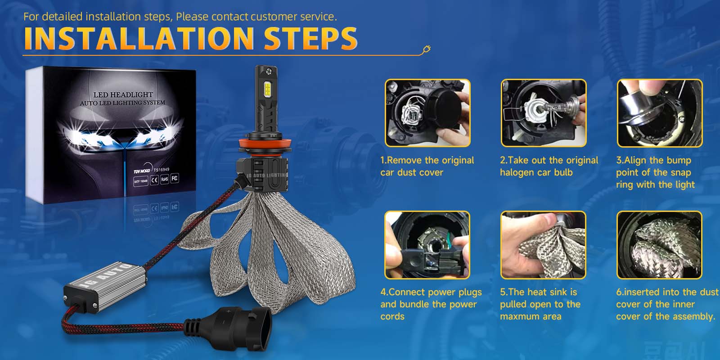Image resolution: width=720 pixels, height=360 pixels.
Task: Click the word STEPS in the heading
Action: click(310, 39)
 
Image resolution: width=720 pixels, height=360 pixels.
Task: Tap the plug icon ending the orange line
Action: click(426, 49)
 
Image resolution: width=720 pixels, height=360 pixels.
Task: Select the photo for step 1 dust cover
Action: click(427, 113)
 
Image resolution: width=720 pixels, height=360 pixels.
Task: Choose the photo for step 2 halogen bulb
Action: click(544, 113)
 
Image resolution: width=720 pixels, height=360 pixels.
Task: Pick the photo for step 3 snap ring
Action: click(659, 113)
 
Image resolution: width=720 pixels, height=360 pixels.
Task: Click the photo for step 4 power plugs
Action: click(427, 245)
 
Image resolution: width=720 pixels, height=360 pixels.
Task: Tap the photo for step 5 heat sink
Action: click(543, 245)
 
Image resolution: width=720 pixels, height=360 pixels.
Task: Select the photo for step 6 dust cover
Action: click(659, 245)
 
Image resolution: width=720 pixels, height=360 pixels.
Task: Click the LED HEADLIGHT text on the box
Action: click(123, 94)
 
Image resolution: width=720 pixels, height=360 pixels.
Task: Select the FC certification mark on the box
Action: click(175, 178)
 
